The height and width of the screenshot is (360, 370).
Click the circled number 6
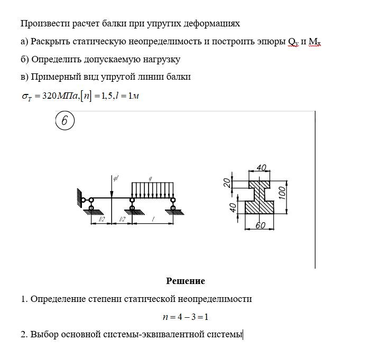64,121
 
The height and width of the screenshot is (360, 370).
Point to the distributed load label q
152,179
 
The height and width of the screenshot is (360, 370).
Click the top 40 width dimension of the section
261,168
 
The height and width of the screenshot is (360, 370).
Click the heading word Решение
186,281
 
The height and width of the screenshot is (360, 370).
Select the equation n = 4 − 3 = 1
186,317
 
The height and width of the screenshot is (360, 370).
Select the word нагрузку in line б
160,60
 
